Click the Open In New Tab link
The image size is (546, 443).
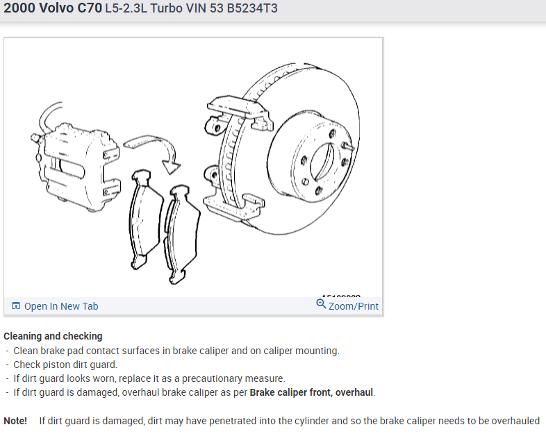(x=61, y=306)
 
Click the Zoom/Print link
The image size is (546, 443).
(x=354, y=306)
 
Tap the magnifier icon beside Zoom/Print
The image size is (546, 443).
(x=321, y=304)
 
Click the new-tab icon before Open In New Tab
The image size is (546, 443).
(x=16, y=306)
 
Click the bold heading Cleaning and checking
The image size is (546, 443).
(x=53, y=336)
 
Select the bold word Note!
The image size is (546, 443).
(x=15, y=421)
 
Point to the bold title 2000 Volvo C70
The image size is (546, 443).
(x=48, y=12)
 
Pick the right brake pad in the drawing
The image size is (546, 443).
(x=181, y=233)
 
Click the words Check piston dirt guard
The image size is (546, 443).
(x=65, y=365)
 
